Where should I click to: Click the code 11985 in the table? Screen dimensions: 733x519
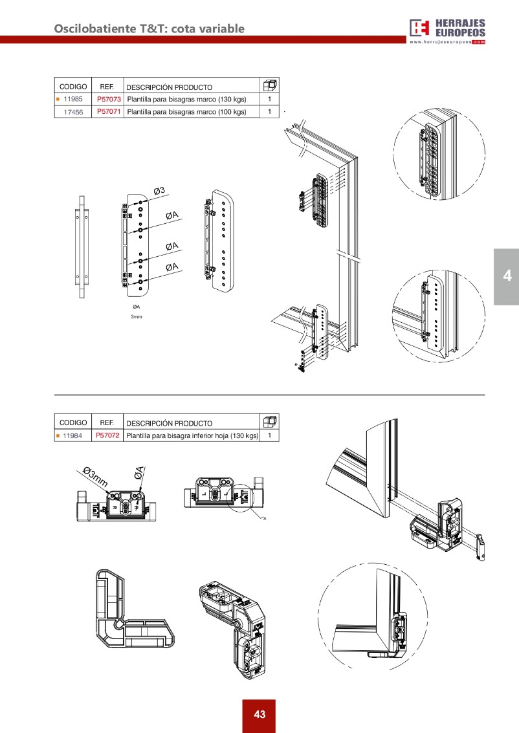[73, 100]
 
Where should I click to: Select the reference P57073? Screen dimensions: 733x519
[109, 100]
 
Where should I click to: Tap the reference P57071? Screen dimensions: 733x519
[109, 112]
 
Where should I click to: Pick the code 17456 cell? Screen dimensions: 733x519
[73, 112]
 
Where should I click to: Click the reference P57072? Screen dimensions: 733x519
[107, 435]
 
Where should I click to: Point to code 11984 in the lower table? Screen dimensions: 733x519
[72, 435]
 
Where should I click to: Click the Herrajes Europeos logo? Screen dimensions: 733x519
[447, 28]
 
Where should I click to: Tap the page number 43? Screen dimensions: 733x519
[259, 715]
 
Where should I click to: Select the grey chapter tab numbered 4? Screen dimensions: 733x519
[507, 276]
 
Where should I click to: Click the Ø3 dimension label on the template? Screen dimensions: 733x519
[160, 190]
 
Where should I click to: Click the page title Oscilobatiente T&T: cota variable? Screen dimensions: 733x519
[149, 28]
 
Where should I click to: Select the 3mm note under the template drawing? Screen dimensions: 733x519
[136, 318]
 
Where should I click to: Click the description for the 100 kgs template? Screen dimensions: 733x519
[187, 112]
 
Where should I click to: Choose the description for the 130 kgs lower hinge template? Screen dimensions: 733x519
[192, 435]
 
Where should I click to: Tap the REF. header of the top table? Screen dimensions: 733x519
[106, 87]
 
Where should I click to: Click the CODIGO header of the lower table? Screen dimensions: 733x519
[72, 422]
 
